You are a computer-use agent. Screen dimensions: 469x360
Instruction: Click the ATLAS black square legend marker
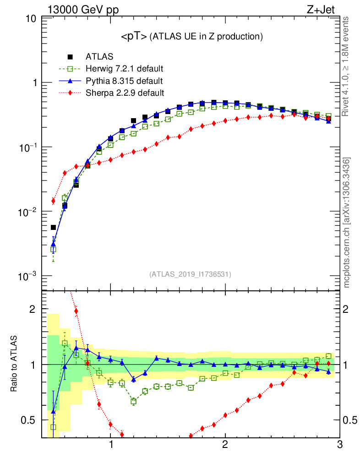point(70,57)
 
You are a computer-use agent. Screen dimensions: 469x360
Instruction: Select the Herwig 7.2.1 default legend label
point(125,69)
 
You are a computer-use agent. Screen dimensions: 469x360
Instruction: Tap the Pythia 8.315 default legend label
point(124,81)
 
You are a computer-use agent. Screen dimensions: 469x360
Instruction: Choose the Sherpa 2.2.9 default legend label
point(125,93)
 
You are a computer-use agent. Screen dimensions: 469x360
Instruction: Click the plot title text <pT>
point(134,37)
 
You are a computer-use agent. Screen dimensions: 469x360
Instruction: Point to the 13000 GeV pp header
point(83,11)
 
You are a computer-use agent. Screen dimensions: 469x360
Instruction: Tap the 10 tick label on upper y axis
point(31,19)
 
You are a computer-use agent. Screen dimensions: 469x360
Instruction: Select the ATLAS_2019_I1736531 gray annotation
point(190,274)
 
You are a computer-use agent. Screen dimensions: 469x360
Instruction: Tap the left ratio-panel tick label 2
point(33,309)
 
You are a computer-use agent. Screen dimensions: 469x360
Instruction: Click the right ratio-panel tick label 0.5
point(349,420)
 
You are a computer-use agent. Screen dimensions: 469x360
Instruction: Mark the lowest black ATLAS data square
point(53,227)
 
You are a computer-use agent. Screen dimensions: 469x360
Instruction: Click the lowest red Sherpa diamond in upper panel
point(53,201)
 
